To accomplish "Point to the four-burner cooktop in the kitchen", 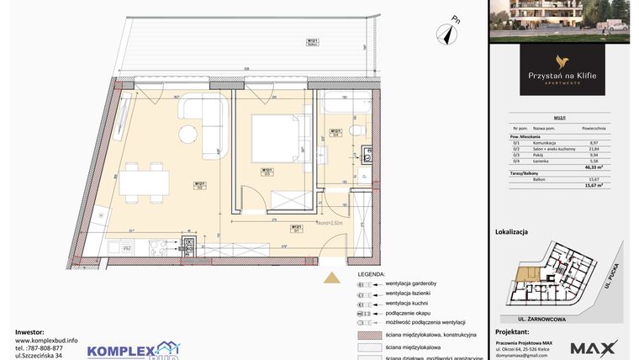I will pos(161,247).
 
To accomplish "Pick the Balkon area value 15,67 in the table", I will pos(594,179).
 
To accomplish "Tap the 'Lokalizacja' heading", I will pos(511,228).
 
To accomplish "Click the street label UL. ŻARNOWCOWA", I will pos(528,319).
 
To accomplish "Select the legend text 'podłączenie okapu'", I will pos(409,312).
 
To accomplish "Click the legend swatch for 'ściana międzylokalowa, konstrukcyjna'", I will pos(362,334).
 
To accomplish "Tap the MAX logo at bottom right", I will pos(594,347).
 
